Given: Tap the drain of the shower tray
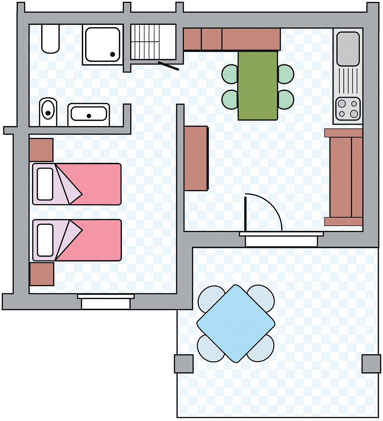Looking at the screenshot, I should pos(113,54).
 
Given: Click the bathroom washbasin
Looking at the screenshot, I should pos(89,114).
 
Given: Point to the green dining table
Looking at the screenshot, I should pos(258,85).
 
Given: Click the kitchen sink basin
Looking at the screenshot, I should pos(348,48).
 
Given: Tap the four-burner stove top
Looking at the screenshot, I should pos(348,108).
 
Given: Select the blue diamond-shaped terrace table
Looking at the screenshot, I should pos(236,323).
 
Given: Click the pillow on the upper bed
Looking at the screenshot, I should pos(45,184).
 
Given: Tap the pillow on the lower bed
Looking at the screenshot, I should pos(45,240).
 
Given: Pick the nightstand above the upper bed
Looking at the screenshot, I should pos(41,150).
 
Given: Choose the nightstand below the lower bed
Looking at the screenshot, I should pos(41,274).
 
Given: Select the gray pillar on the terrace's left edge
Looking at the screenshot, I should pos(183,364).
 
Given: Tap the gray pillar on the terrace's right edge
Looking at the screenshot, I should pos(371,364).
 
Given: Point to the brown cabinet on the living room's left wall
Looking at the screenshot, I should pos(196,158).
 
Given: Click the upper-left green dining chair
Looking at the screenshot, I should pos(230,74).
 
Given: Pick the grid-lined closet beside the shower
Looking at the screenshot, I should pos(153,42).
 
